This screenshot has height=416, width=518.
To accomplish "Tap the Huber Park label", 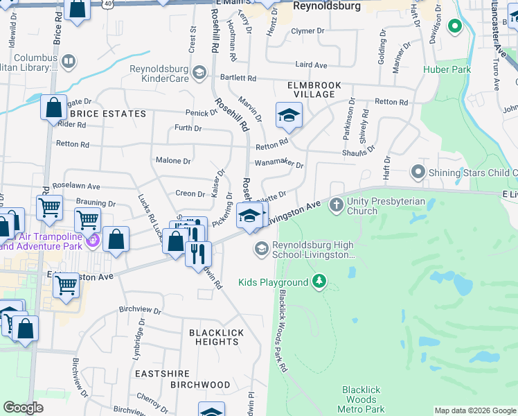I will click(447, 69).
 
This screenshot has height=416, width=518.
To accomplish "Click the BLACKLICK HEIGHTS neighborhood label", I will click(217, 337).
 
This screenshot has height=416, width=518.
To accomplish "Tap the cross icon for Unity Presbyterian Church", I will click(337, 205).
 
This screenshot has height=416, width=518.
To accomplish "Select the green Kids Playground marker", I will click(319, 281).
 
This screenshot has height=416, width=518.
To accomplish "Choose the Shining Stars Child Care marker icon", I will click(418, 171).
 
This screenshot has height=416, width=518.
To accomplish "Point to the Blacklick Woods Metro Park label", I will click(360, 399).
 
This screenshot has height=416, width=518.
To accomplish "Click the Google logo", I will click(23, 408).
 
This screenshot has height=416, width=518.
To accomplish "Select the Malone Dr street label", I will click(173, 160).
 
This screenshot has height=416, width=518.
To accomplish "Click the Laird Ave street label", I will click(311, 64).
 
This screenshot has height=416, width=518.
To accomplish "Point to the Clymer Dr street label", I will click(308, 31).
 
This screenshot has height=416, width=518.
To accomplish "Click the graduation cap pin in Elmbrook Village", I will click(289, 115).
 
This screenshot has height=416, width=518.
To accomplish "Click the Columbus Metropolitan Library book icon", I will click(69, 62).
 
